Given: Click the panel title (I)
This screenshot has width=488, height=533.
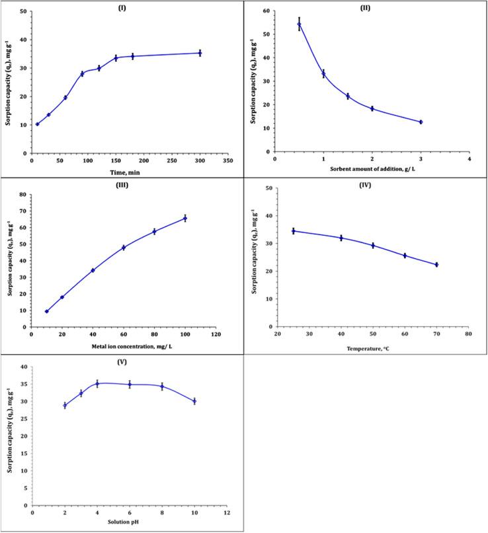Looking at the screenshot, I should pos(126,7).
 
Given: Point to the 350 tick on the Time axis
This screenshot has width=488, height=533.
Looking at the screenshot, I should pos(227,160).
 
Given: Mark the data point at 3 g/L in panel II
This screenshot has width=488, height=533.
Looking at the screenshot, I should pos(421,122).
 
